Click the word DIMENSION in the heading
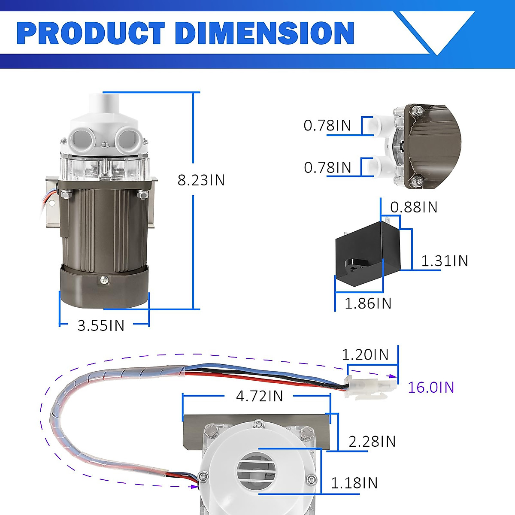pos(265,33)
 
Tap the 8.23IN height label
pos(201,180)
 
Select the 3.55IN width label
pos(101,325)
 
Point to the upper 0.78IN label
pos(327,125)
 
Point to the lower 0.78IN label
pos(327,167)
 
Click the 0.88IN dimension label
pos(414,207)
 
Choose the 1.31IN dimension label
pos(444,261)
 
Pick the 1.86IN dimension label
pos(368,303)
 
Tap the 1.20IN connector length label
pos(365,354)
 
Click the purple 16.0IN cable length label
pos(430,387)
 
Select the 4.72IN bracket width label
pos(260,396)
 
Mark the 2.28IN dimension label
pos(372,441)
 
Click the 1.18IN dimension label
pos(354,483)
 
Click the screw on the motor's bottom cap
pos(105,280)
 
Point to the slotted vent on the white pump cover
pos(256,471)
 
